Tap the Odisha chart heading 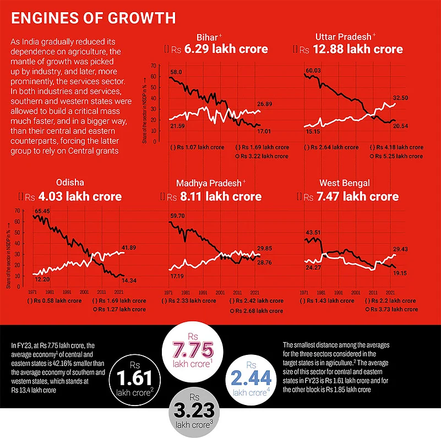coord(70,183)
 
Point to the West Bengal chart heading coord(344,183)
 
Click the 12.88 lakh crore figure coord(364,49)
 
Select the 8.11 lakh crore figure coord(227,196)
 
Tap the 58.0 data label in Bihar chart coord(176,72)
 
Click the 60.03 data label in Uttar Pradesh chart coord(313,70)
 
